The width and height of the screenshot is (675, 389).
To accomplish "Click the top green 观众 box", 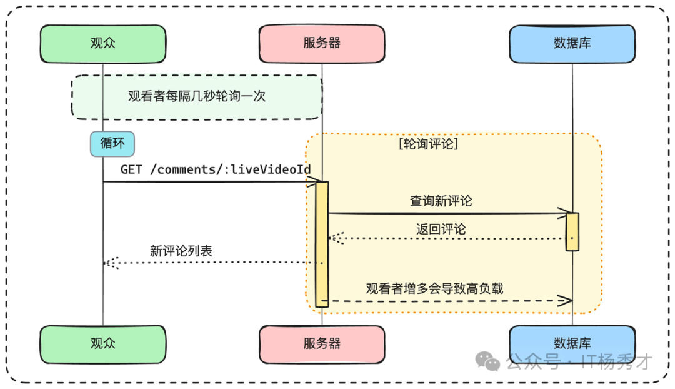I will (103, 44).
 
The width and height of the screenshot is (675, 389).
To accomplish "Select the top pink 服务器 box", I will (322, 44).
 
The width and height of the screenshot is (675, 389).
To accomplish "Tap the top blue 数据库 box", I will (572, 44).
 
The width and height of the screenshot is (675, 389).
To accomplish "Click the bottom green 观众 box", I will (103, 344).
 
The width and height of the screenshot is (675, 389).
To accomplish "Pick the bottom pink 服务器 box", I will (322, 344).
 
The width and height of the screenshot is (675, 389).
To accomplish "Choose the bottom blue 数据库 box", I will (572, 344).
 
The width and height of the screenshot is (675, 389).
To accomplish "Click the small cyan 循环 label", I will (112, 144).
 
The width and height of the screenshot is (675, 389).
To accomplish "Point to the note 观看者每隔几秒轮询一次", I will (196, 97).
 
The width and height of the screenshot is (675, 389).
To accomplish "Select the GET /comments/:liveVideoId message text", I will (216, 170).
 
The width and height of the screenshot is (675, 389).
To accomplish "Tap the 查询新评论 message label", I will (441, 201).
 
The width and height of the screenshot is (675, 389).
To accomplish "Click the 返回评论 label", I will (441, 229).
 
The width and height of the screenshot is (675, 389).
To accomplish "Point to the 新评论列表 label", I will (181, 251).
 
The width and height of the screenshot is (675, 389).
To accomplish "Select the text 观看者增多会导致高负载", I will (434, 288).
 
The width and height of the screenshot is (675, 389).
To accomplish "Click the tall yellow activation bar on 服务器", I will (322, 244).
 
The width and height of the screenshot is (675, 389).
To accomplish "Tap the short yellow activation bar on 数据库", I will (572, 231).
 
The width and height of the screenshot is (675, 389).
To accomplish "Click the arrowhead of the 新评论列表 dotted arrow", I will (111, 263).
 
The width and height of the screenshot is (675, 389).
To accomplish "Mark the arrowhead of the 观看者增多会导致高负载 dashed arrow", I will (566, 301).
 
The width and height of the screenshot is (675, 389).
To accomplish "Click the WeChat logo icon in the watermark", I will (487, 361).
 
